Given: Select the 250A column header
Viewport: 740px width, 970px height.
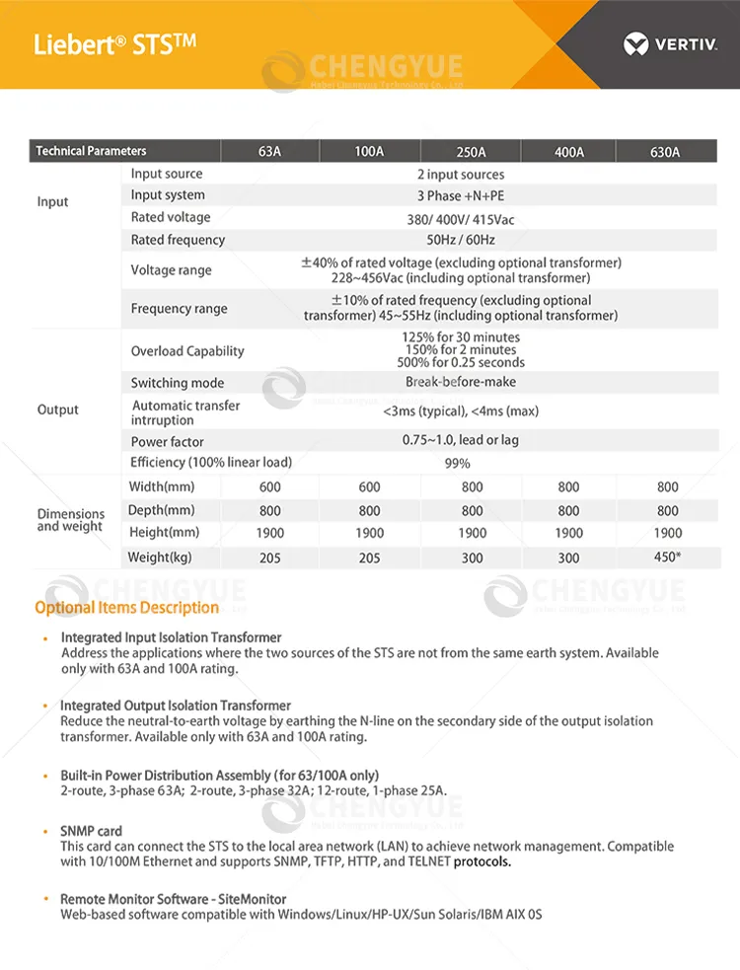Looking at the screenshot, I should pyautogui.click(x=471, y=152).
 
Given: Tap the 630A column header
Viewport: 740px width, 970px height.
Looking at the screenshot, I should pyautogui.click(x=665, y=152).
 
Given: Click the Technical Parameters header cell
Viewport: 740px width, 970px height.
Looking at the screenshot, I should pyautogui.click(x=91, y=151).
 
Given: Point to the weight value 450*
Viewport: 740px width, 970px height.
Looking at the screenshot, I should pyautogui.click(x=668, y=558).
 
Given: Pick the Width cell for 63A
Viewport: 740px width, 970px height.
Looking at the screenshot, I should pyautogui.click(x=270, y=486).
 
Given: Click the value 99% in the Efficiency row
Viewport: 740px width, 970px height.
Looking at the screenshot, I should pyautogui.click(x=457, y=463).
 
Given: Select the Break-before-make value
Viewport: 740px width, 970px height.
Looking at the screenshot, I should pyautogui.click(x=460, y=382).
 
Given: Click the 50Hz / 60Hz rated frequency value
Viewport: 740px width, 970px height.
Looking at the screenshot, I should pyautogui.click(x=461, y=240).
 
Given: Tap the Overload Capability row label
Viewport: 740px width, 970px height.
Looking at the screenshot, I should pyautogui.click(x=187, y=351).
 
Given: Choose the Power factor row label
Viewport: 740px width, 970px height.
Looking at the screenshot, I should pyautogui.click(x=168, y=442).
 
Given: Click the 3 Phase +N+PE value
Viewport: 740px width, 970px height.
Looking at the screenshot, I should pyautogui.click(x=461, y=195).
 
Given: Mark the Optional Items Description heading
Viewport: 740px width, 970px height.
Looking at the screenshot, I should pyautogui.click(x=127, y=608).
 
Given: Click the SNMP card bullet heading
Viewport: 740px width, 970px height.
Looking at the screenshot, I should pyautogui.click(x=91, y=831).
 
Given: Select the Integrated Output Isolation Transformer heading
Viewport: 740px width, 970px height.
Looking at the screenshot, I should pyautogui.click(x=176, y=706).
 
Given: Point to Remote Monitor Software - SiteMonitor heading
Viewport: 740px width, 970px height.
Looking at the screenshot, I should pyautogui.click(x=174, y=899).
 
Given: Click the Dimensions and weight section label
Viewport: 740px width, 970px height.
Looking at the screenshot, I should pyautogui.click(x=70, y=520).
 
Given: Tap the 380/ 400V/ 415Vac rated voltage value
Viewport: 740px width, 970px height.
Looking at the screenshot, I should pyautogui.click(x=461, y=218).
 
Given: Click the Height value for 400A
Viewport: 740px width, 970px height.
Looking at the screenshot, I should pyautogui.click(x=568, y=533).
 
